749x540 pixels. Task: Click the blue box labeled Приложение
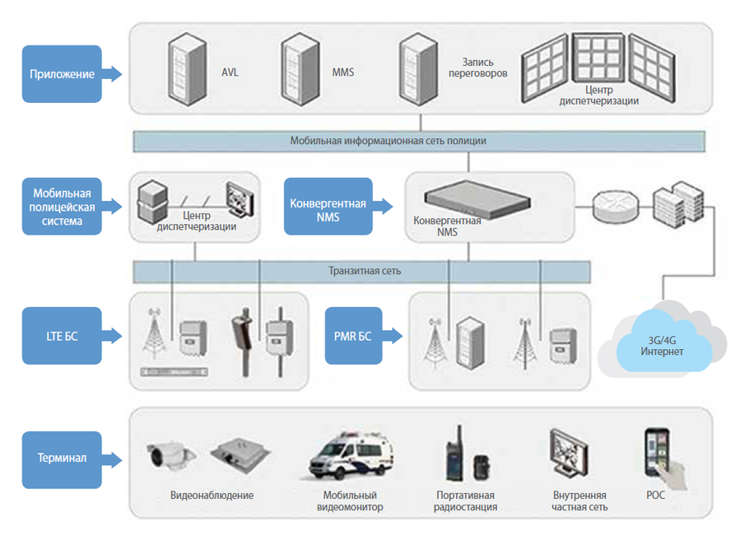tap(62, 74)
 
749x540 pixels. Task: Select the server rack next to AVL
tap(188, 69)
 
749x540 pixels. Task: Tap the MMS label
tap(343, 72)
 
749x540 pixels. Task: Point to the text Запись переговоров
tap(477, 67)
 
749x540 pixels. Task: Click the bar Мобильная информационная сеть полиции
tap(419, 141)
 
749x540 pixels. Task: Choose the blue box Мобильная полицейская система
tap(62, 207)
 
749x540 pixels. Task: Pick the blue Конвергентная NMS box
tap(328, 207)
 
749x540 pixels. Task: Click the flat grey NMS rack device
tap(477, 199)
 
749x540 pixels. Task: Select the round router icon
tap(616, 207)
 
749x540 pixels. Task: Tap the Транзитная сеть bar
tap(361, 272)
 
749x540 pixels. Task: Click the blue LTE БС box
tap(62, 336)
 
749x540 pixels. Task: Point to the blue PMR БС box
tap(353, 336)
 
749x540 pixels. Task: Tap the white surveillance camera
tap(171, 455)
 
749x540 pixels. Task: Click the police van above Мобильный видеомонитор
tap(350, 455)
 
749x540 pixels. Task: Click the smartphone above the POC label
tap(658, 453)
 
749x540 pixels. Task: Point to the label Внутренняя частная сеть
tap(579, 500)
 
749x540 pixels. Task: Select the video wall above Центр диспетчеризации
tap(598, 67)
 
